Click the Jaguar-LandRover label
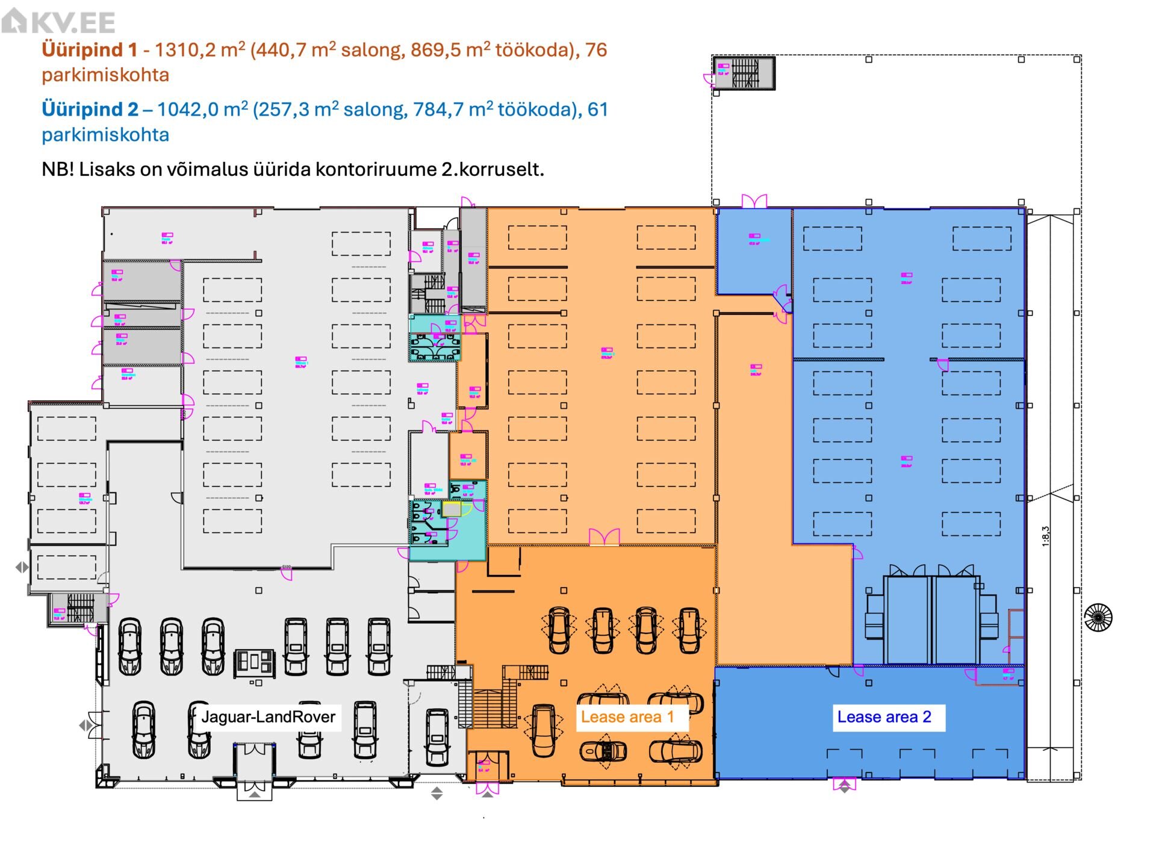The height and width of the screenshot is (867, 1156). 268,716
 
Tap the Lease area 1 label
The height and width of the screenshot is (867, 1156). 627,717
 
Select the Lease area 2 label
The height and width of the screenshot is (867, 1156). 884,717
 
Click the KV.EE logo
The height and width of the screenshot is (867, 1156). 58,22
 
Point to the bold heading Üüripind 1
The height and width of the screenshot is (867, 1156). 90,49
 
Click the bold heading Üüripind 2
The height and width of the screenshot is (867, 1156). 90,110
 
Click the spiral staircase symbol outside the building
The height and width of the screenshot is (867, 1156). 1098,618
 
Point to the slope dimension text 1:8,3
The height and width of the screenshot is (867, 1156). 1046,536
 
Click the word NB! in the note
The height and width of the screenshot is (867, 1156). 58,169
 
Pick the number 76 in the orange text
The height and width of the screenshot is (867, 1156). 596,49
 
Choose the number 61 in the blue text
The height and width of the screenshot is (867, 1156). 598,110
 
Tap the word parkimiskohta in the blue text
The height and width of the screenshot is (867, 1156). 105,134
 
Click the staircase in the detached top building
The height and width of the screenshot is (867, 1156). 745,73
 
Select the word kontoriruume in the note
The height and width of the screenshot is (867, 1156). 376,169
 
